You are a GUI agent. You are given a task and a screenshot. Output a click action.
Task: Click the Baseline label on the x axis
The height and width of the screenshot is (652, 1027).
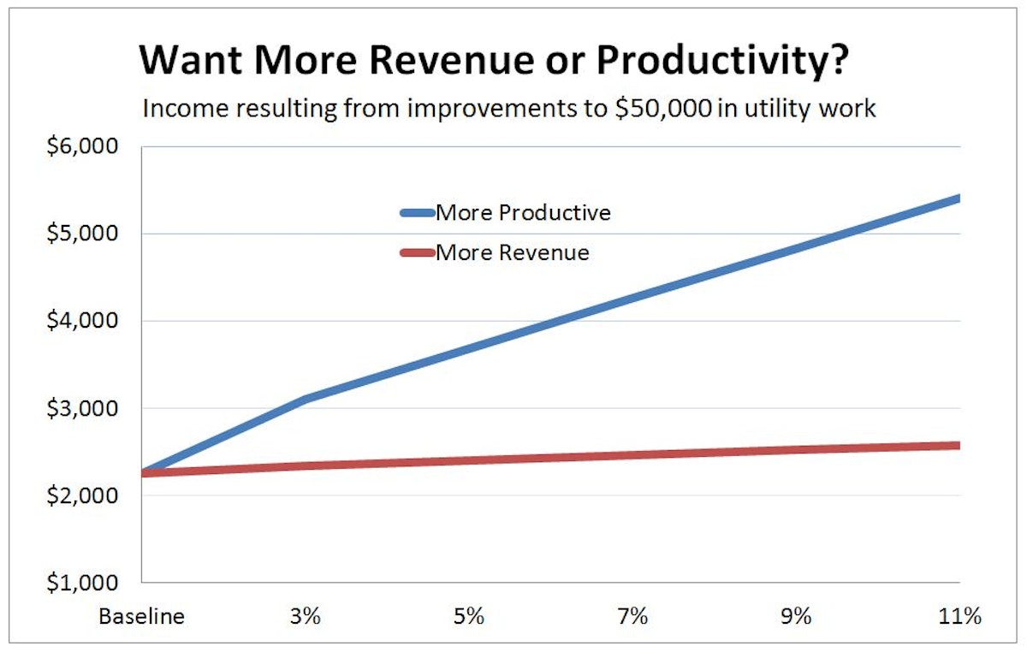pos(141,617)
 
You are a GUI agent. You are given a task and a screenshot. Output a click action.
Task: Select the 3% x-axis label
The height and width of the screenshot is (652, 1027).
pos(306,617)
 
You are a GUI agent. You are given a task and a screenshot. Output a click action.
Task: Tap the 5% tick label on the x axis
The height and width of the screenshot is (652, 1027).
pos(469,617)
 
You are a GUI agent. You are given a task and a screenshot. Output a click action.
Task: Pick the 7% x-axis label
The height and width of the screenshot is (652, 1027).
pos(632,617)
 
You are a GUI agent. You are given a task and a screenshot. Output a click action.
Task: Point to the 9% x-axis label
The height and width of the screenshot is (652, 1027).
pos(796,617)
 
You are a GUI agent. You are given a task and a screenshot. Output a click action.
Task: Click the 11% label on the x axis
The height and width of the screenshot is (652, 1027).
pos(959,617)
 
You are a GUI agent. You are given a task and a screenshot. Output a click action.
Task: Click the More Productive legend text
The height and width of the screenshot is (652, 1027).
pos(523,212)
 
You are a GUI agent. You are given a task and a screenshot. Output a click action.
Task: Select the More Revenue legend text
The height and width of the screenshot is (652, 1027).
pos(512,252)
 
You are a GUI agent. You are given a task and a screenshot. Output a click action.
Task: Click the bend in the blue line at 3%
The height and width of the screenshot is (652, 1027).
pos(306,398)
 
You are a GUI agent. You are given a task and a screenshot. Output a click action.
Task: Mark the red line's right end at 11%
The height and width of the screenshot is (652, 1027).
pos(957,445)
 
